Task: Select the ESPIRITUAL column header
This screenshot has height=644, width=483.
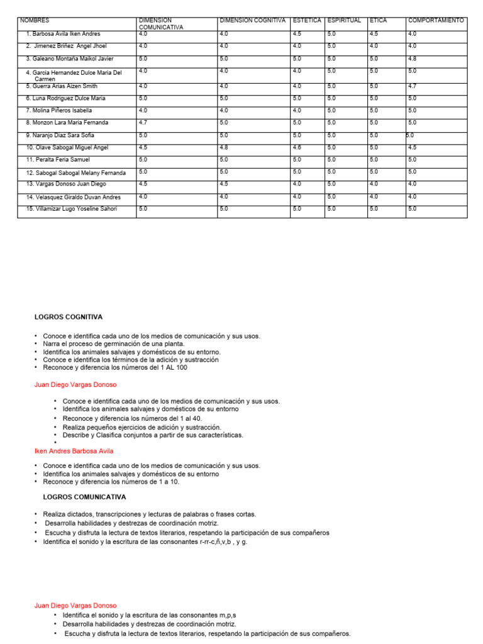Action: (344, 21)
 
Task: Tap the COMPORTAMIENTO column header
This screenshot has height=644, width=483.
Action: (436, 21)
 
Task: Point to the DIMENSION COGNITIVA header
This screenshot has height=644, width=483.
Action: (252, 21)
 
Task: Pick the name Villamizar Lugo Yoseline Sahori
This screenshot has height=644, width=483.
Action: (71, 209)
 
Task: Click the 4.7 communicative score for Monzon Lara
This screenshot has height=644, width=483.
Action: (143, 122)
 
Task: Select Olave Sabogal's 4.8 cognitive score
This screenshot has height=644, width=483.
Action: (224, 147)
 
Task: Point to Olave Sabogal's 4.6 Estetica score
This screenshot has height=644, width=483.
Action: (297, 147)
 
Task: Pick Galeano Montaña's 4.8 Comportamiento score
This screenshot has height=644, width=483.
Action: (412, 58)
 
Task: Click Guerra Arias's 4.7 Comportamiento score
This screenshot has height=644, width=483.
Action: (412, 86)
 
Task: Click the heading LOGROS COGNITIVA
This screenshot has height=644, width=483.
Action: (68, 317)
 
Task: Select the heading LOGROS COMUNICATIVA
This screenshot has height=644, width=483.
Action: (75, 497)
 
